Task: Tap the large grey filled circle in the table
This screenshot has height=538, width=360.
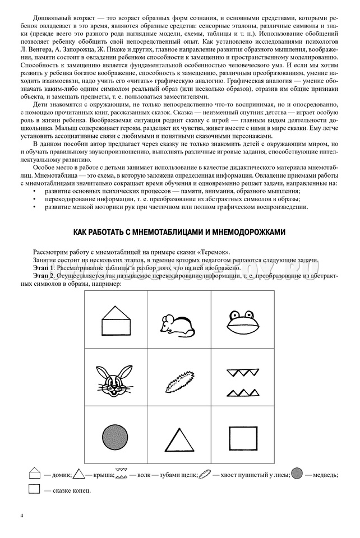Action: (116, 435)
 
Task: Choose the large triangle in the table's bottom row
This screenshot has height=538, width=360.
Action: (179, 437)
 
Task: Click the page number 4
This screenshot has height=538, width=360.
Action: (22, 516)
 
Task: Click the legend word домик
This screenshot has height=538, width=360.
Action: (61, 475)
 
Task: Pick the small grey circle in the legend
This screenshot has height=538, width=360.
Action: (297, 474)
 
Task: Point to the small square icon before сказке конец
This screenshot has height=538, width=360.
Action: (34, 489)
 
